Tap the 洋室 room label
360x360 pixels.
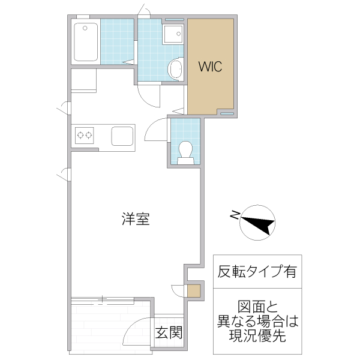[136, 220]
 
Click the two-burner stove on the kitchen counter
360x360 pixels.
[84, 135]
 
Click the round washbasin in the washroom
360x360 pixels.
[176, 69]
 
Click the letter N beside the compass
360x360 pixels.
[236, 213]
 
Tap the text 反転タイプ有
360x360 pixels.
[257, 272]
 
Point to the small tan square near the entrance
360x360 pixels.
[192, 292]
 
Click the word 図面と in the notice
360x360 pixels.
[257, 306]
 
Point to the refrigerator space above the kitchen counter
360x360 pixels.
[83, 81]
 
